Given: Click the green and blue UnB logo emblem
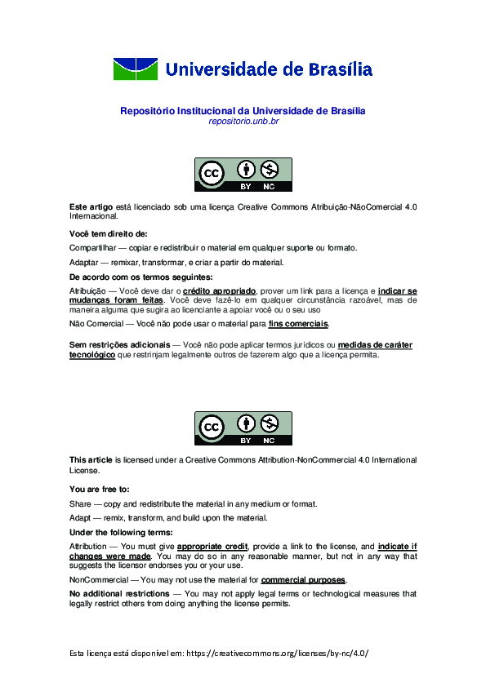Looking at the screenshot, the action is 135,69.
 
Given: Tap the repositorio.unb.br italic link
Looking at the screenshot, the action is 243,122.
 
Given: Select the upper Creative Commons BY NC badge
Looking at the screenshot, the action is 243,174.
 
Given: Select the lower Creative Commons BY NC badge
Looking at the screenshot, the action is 243,428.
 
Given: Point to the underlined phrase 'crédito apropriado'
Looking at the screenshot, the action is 220,291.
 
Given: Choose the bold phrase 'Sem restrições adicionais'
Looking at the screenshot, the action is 120,345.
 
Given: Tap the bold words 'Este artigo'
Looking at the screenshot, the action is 91,207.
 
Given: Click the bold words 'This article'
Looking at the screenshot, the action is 91,460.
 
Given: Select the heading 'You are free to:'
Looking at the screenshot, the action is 100,490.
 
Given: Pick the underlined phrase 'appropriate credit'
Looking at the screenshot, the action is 212,546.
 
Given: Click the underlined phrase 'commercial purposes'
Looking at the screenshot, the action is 303,580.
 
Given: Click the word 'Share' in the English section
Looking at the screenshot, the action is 80,504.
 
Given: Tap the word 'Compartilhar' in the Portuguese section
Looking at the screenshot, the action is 93,248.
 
